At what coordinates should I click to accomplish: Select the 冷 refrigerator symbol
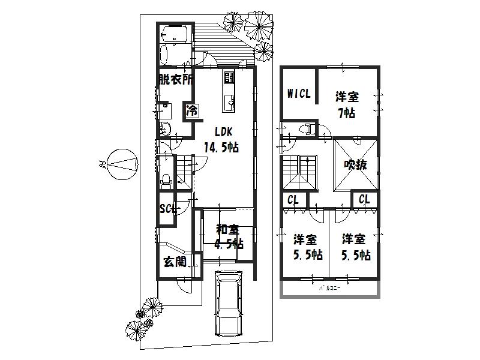point(192,110)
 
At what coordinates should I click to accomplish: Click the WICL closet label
point(298,94)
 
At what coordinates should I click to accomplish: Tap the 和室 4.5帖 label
point(229,236)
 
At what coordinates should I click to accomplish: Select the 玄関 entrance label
point(174,262)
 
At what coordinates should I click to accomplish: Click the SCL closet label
point(167,209)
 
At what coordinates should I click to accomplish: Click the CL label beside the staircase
point(293,200)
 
